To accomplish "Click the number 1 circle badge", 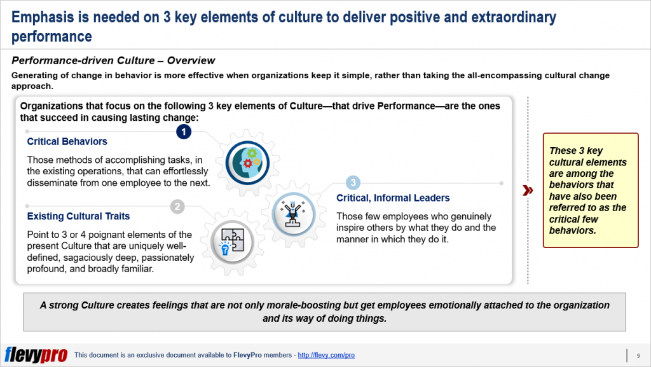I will coord(184,131).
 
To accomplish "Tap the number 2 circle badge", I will coord(178,206).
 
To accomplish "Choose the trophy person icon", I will coord(291,211).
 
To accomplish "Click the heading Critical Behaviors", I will coord(67,141).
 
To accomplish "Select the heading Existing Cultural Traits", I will coord(78,216).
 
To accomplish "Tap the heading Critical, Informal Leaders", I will coord(393,198).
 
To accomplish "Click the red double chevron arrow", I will coord(527,190).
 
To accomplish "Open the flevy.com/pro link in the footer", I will coord(326,355).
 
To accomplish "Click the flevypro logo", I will coord(36,354).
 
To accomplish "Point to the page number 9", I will coord(638,355).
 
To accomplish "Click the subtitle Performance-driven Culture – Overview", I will coord(113,61).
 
